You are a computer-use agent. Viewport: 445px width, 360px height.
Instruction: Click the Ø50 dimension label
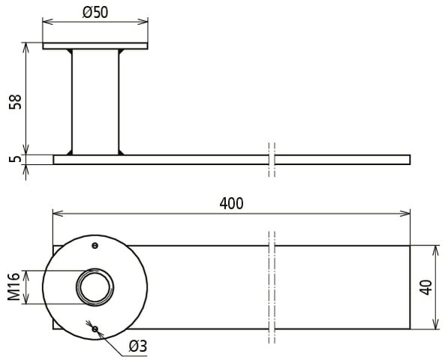[x=95, y=13]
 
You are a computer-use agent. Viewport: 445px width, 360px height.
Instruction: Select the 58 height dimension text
[x=15, y=101]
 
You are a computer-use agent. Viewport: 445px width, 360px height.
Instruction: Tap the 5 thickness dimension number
[x=15, y=159]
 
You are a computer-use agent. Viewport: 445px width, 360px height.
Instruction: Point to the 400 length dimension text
[x=231, y=203]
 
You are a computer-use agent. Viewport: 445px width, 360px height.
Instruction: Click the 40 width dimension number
[x=425, y=287]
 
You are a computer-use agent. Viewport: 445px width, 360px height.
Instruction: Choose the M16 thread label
[x=14, y=286]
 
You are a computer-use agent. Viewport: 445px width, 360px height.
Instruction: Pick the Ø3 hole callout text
[x=138, y=346]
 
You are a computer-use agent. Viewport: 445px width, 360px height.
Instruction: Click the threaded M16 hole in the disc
[x=95, y=286]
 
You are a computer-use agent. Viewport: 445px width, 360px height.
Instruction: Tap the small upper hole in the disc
[x=95, y=245]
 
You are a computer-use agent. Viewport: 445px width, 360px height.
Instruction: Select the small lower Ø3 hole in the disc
[x=95, y=329]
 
